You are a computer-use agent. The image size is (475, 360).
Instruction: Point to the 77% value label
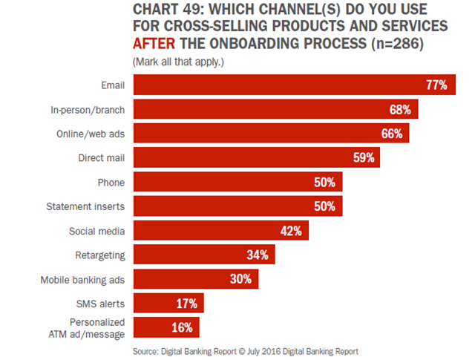[436, 85]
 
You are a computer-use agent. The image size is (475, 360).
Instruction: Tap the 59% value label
[363, 158]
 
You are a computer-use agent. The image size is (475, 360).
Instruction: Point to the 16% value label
[181, 328]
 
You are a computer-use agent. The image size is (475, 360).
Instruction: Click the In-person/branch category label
[88, 110]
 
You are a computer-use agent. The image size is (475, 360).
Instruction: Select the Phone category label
[111, 183]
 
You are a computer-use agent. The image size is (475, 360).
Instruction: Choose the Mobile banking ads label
[82, 280]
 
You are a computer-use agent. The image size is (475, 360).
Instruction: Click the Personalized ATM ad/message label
[96, 328]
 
